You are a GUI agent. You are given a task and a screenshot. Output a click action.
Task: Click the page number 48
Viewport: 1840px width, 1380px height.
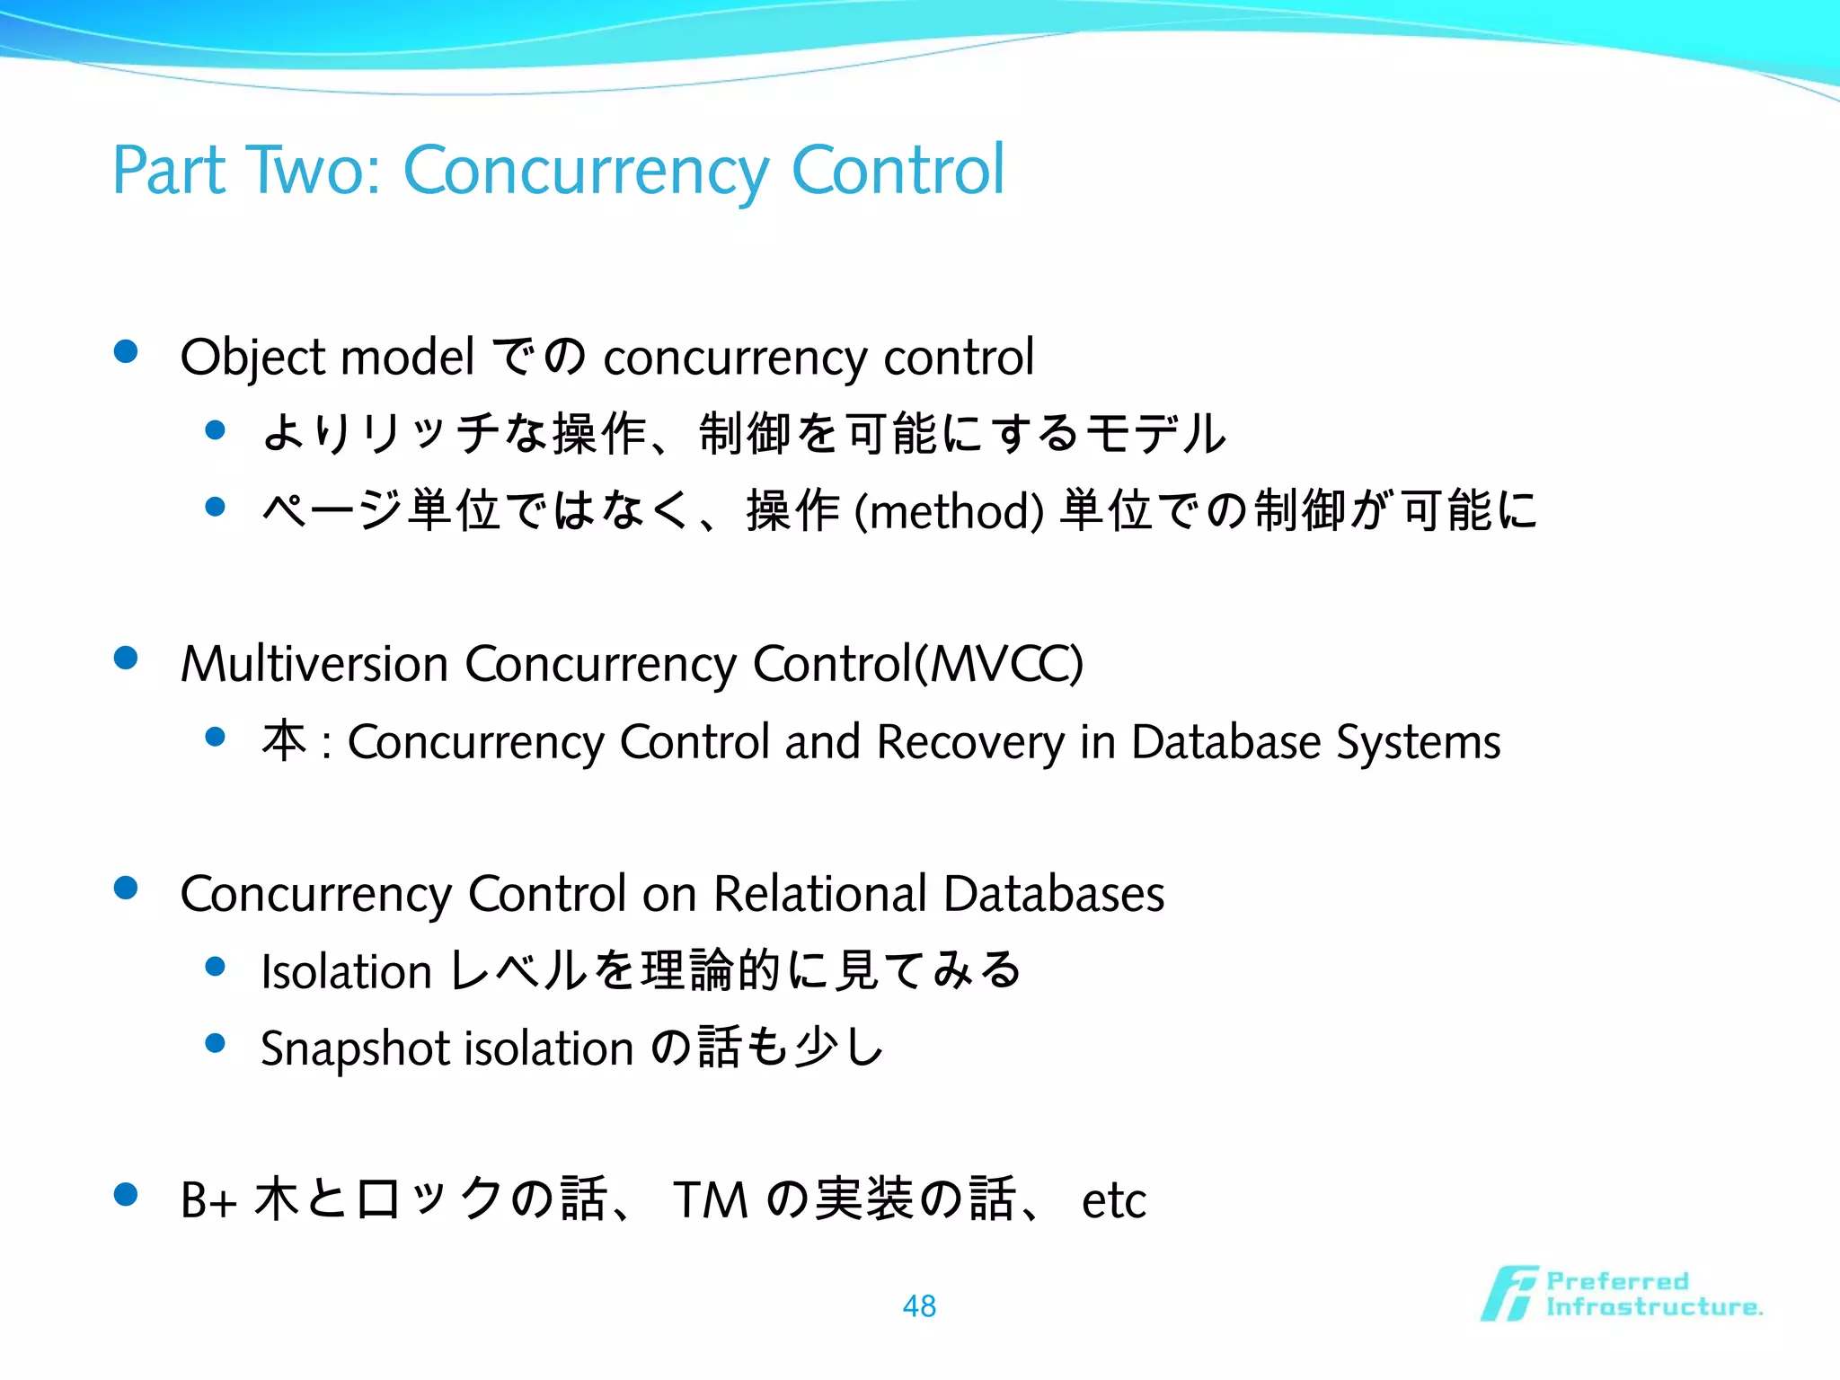coord(919,1305)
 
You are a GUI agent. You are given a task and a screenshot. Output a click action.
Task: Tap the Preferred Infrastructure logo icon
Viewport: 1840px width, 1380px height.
coord(1508,1294)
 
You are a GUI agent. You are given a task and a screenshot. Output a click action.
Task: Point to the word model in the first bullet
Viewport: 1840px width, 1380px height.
coord(407,357)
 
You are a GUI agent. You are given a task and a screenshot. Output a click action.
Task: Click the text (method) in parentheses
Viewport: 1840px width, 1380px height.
coord(949,511)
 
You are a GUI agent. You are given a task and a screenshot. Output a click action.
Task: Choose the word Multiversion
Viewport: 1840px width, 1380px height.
coord(314,664)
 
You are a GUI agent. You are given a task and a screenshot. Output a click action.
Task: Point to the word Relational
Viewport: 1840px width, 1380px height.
coord(819,894)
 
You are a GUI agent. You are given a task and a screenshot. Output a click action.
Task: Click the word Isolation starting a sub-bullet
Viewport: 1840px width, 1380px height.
coord(347,972)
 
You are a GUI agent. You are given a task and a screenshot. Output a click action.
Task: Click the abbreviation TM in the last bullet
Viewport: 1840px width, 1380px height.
coord(710,1199)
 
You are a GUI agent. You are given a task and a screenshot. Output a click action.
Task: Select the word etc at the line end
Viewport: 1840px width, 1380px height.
coord(1113,1201)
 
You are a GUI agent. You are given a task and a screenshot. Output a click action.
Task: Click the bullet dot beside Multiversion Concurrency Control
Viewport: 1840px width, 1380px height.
coord(126,659)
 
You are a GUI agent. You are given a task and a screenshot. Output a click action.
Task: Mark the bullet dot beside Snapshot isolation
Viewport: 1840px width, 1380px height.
coord(215,1043)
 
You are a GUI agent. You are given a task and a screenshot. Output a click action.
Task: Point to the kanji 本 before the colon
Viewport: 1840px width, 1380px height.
coord(285,742)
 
